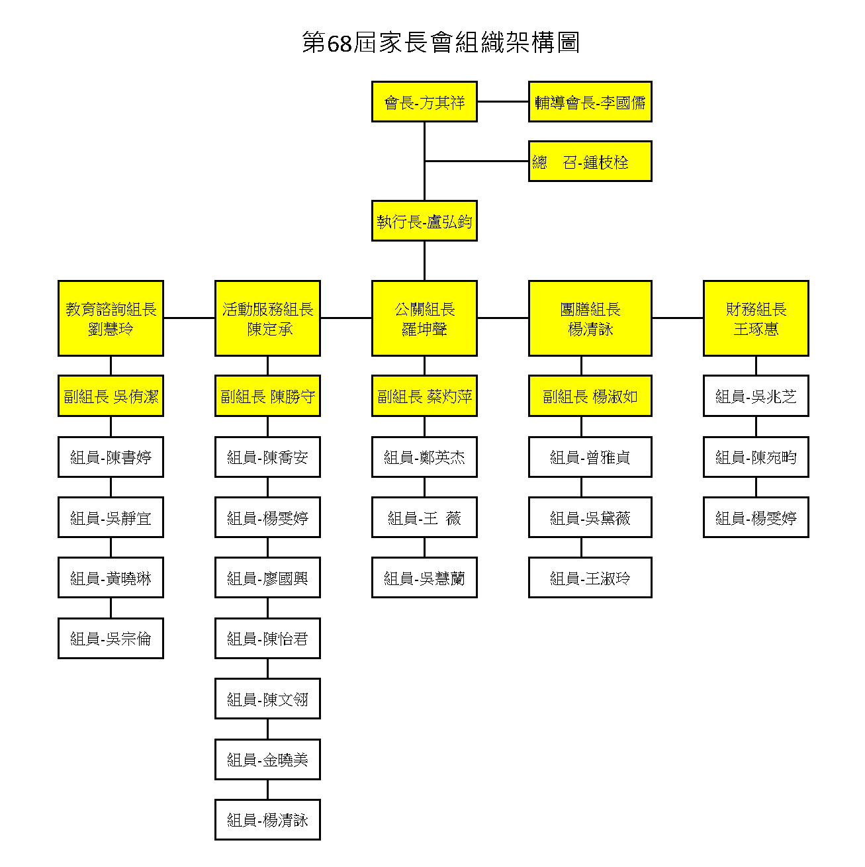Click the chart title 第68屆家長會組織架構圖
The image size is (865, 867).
[441, 43]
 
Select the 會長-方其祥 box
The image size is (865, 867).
[424, 102]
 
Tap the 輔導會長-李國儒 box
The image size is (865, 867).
[590, 102]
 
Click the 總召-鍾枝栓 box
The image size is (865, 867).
[590, 161]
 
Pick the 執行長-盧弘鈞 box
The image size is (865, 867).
[424, 221]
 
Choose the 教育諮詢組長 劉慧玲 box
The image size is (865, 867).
[111, 318]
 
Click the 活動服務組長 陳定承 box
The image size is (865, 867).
[268, 318]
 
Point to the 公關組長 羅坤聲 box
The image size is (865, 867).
[424, 318]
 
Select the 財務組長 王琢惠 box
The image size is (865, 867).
[756, 318]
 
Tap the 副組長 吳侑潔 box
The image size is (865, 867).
[111, 396]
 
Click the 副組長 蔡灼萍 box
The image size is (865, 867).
[424, 396]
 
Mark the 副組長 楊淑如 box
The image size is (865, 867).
[590, 396]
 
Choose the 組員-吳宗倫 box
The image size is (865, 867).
[111, 639]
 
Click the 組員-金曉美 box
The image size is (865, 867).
[268, 760]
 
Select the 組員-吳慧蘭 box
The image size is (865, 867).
[424, 578]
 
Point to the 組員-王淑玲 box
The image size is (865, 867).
[590, 578]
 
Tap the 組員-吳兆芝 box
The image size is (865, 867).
[756, 396]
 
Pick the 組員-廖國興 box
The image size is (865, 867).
[268, 578]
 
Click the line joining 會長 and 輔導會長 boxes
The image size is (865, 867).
[503, 102]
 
